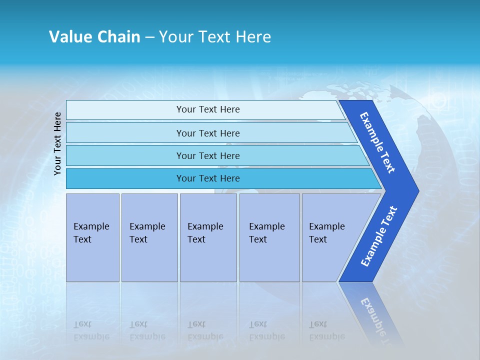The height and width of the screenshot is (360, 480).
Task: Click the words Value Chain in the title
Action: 94,37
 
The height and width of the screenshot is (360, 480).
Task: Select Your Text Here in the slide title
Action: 215,37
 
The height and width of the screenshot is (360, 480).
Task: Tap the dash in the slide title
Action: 149,37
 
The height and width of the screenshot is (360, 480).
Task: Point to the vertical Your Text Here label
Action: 57,143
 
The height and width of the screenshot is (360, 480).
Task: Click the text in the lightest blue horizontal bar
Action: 208,109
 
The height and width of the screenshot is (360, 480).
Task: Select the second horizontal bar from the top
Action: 208,133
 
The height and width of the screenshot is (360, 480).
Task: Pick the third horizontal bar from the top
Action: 208,156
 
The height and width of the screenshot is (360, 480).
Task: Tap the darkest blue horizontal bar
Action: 208,178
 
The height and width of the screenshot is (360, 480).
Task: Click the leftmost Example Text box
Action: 92,237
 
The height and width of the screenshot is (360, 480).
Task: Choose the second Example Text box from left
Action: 149,237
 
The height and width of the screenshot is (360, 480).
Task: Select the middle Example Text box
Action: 208,237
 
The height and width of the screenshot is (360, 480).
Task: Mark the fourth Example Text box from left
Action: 269,237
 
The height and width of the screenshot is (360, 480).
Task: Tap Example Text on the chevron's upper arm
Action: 377,142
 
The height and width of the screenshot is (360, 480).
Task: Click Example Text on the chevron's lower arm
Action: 378,236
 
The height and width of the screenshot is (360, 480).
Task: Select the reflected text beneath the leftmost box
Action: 91,330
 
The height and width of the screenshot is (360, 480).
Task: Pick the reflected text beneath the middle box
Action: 205,330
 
